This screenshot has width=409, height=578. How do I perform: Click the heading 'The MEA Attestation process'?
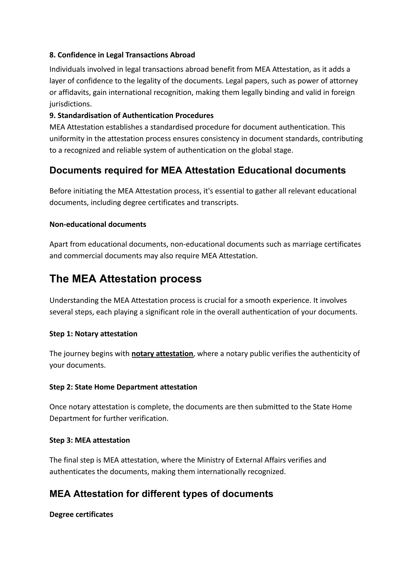(125, 279)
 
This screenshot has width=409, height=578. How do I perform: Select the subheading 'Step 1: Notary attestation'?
(93, 334)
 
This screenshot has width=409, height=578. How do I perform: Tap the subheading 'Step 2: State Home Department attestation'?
(123, 387)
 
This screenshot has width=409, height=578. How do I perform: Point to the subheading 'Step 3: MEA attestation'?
(89, 440)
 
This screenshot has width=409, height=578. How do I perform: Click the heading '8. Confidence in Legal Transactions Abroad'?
(122, 55)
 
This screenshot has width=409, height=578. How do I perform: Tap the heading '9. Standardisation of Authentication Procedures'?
(131, 115)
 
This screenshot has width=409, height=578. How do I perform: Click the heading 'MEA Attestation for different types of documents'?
(161, 494)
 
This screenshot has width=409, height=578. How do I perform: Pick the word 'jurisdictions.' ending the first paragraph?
(70, 104)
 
